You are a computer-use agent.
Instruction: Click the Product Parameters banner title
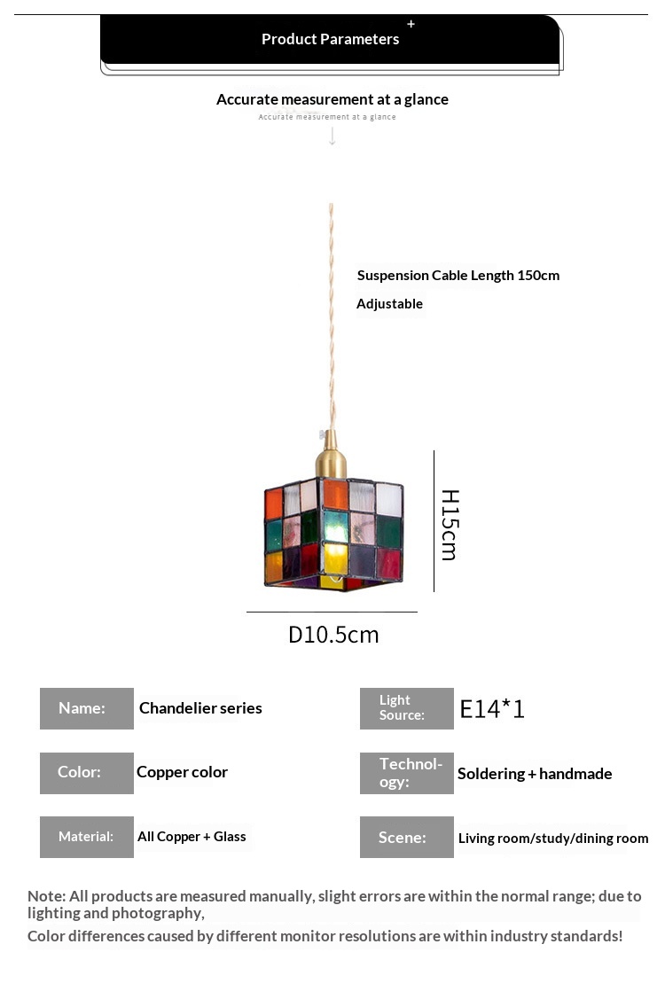[330, 39]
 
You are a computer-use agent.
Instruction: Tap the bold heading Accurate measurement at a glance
[332, 99]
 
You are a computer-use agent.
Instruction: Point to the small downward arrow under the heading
[332, 137]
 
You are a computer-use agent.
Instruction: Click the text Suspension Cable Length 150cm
[458, 275]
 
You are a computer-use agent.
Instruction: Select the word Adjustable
[389, 303]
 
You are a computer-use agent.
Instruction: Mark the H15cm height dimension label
[450, 525]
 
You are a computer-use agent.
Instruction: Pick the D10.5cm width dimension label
[333, 635]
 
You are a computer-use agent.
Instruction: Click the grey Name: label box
[87, 708]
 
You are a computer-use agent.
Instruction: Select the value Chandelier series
[200, 708]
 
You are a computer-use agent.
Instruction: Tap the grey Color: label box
[87, 773]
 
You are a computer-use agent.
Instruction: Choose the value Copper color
[182, 772]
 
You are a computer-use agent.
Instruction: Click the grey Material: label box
[87, 837]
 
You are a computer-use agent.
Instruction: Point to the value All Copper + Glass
[192, 837]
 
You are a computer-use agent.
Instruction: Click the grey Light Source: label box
[406, 708]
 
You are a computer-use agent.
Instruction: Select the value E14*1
[492, 709]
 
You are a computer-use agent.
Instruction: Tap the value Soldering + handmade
[535, 774]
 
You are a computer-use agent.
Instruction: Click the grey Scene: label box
[406, 837]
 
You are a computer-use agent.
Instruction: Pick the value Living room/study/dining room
[552, 839]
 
